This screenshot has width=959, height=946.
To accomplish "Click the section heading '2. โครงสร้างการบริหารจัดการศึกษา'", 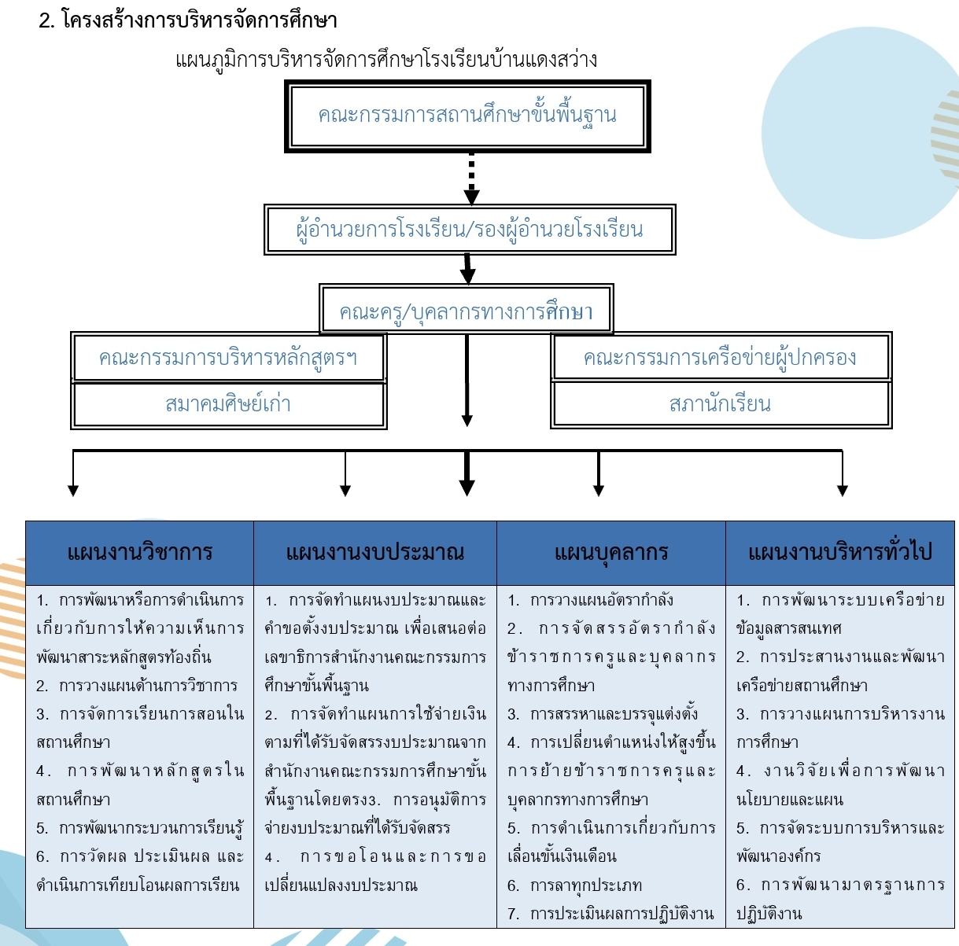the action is pyautogui.click(x=188, y=21).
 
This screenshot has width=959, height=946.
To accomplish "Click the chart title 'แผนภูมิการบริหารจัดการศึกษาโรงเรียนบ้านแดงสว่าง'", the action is pyautogui.click(x=386, y=60).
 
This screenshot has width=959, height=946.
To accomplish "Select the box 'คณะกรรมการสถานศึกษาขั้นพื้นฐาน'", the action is pyautogui.click(x=467, y=116).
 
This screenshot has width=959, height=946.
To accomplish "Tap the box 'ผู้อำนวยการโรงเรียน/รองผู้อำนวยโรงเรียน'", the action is pyautogui.click(x=470, y=230).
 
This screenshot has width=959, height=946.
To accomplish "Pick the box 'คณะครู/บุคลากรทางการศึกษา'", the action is pyautogui.click(x=467, y=308).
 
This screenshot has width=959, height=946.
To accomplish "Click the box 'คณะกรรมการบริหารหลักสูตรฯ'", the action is pyautogui.click(x=228, y=357).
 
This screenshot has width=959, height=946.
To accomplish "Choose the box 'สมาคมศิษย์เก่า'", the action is pyautogui.click(x=228, y=404).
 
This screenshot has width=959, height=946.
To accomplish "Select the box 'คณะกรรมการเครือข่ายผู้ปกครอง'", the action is pyautogui.click(x=721, y=357).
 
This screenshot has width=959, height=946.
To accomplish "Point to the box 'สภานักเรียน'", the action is pyautogui.click(x=721, y=404).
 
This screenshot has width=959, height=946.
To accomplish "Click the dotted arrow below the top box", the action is pyautogui.click(x=471, y=179).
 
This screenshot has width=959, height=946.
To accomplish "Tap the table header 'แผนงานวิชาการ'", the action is pyautogui.click(x=140, y=553).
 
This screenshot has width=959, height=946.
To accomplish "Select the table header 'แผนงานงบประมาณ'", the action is pyautogui.click(x=375, y=553).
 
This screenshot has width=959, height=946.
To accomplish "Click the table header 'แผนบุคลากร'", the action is pyautogui.click(x=611, y=553).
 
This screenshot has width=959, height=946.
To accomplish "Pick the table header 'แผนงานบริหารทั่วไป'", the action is pyautogui.click(x=840, y=553).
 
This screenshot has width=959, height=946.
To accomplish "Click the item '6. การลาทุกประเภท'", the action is pyautogui.click(x=575, y=885).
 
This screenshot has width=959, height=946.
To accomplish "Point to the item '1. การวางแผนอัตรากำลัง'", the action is pyautogui.click(x=590, y=600).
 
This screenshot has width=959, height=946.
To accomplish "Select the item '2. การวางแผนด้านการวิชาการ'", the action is pyautogui.click(x=137, y=686).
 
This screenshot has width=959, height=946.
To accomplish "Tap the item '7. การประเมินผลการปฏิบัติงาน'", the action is pyautogui.click(x=610, y=914).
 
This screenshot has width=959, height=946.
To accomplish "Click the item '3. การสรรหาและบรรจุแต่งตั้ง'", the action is pyautogui.click(x=603, y=714).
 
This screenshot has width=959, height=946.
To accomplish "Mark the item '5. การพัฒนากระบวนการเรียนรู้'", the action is pyautogui.click(x=140, y=828).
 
